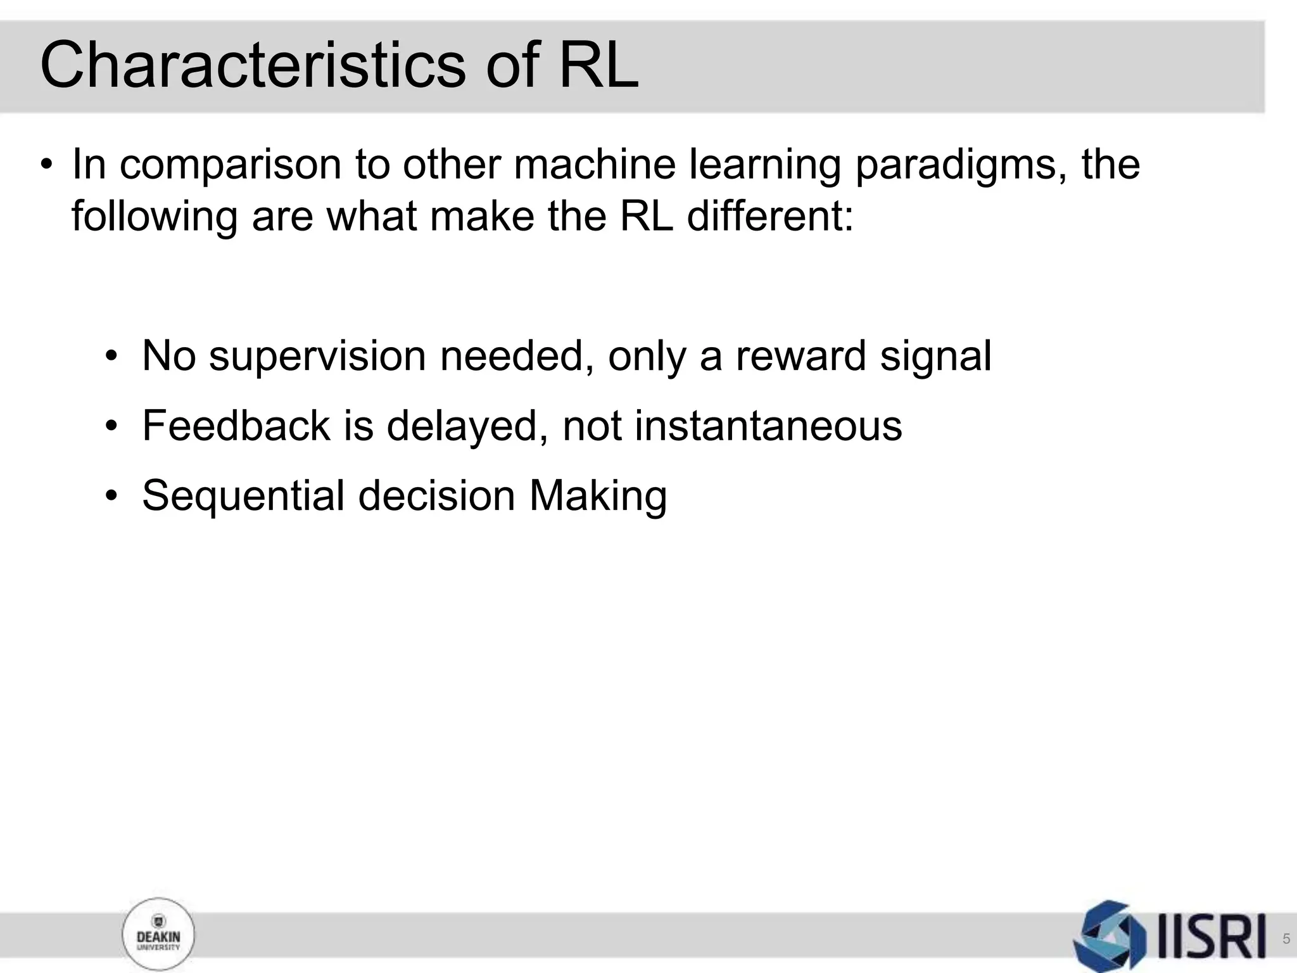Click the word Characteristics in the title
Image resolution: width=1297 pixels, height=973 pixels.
252,65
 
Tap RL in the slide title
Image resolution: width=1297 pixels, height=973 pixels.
598,65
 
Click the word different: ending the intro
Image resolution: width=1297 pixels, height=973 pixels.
770,217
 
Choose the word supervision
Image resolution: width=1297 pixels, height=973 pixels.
317,357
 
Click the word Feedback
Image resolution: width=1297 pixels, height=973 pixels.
236,426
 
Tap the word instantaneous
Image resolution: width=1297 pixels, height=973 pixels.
768,426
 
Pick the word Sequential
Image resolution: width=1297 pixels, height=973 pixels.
243,497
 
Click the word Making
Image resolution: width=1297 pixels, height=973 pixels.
598,497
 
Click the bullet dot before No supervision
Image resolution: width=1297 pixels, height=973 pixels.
112,356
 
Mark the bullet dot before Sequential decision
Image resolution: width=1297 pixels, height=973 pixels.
112,495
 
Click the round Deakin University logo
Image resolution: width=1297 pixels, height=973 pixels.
158,935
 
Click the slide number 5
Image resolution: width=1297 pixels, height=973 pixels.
1286,939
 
